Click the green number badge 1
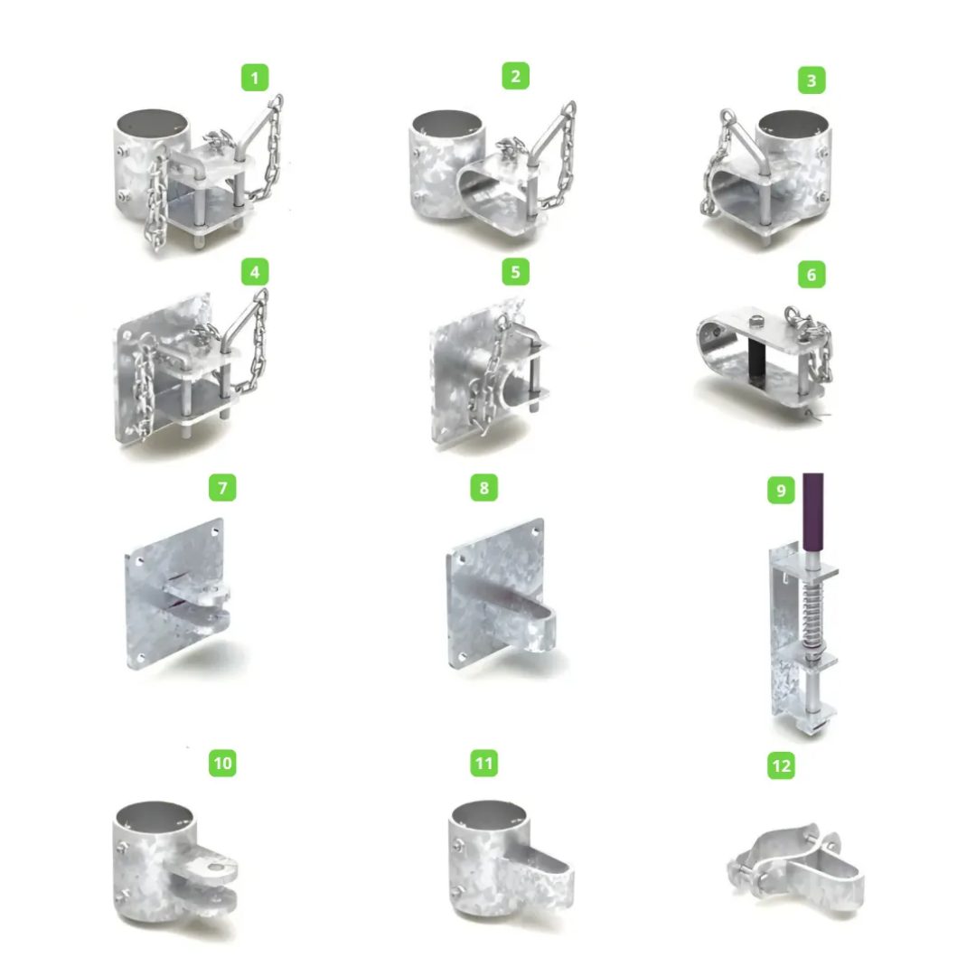255,77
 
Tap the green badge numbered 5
515,272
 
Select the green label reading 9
781,491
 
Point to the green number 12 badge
781,765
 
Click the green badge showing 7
223,487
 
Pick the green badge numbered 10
223,763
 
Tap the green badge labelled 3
812,80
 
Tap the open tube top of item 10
155,815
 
